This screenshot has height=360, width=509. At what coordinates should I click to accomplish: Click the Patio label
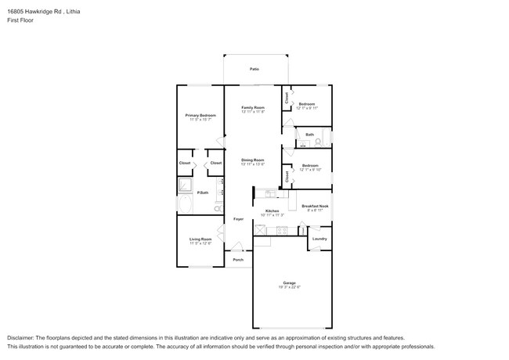[254, 70]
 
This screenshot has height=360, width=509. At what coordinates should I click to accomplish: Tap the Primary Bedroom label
[200, 115]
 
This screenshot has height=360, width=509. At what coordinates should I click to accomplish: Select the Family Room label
[252, 107]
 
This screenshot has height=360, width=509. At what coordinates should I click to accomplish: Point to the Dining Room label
[252, 160]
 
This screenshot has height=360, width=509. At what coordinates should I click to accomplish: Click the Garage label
[289, 283]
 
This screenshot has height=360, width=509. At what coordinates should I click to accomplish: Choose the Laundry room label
[319, 239]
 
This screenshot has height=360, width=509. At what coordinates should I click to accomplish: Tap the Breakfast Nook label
[315, 206]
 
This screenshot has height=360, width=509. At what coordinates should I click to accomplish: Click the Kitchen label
[272, 211]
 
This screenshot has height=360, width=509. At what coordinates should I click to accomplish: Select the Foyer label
[238, 219]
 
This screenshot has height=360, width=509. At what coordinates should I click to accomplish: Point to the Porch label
[238, 260]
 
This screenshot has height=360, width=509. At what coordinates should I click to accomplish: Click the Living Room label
[200, 239]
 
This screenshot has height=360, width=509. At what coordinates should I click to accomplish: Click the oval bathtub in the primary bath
[185, 205]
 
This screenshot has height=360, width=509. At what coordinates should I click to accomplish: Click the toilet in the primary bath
[217, 209]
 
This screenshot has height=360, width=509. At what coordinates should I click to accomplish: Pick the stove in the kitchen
[261, 230]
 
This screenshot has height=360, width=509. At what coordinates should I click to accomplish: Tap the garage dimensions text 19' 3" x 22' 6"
[289, 287]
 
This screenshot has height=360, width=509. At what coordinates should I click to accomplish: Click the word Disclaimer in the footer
[22, 337]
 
